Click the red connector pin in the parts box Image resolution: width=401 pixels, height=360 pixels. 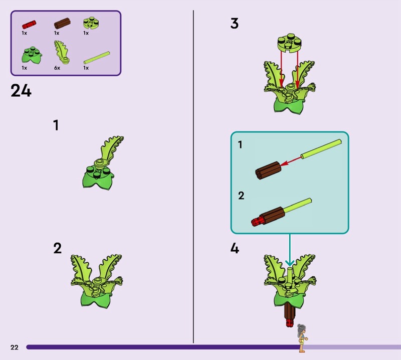29,25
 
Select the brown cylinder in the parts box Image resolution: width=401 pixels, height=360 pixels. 62,23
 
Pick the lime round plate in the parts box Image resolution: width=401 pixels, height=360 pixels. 91,23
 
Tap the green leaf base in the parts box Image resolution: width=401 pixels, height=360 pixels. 32,55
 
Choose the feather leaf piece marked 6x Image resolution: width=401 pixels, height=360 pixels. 61,52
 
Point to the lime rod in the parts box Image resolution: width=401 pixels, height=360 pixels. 97,58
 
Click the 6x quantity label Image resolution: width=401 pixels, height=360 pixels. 57,68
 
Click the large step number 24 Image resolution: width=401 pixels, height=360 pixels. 21,91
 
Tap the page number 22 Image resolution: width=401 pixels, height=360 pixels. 15,347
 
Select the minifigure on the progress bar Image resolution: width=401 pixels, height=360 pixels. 302,338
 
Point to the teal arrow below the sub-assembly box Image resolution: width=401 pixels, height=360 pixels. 290,250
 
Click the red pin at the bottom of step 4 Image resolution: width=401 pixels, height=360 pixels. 290,323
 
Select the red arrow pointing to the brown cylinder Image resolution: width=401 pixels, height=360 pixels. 291,161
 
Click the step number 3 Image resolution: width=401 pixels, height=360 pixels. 234,24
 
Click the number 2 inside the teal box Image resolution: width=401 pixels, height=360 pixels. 241,196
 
